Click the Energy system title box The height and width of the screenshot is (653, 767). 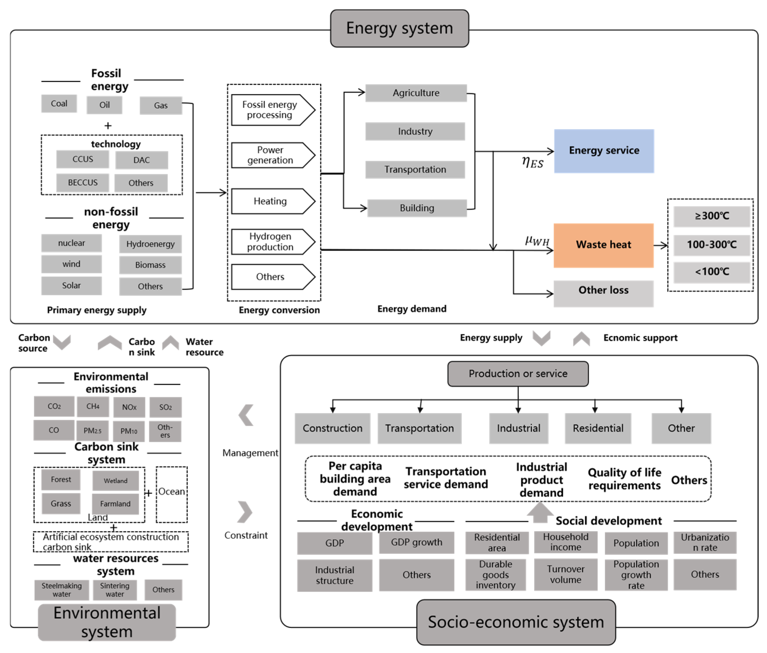(399, 28)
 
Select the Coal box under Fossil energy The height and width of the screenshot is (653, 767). (59, 104)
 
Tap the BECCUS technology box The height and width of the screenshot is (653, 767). (83, 182)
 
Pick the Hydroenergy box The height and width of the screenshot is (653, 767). (150, 244)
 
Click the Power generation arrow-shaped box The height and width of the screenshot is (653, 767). (272, 155)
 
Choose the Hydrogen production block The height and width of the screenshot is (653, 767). (272, 242)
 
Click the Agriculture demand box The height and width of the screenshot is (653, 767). (416, 93)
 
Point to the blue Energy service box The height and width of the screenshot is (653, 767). (604, 151)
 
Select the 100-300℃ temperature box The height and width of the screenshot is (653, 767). (711, 245)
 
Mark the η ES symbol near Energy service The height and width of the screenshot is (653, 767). (532, 162)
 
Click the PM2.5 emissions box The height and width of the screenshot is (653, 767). (92, 431)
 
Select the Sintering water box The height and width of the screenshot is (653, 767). (115, 590)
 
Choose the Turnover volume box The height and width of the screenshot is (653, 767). (565, 574)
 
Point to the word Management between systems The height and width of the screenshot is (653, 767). (250, 453)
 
